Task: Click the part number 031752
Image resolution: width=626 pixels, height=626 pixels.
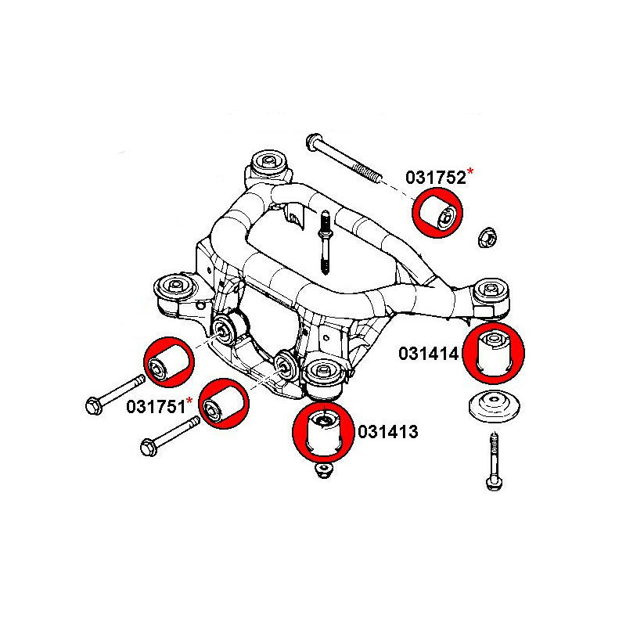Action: pos(435,178)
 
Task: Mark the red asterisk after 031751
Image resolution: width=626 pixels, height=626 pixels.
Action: pos(189,401)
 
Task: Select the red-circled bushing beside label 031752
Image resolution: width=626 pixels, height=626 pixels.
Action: pos(438,212)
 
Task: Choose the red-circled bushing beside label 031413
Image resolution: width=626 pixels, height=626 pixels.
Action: pos(323,432)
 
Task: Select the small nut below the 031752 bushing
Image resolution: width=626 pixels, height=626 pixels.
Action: pos(486,236)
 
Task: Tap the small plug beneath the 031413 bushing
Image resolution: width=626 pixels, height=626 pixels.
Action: pos(321,471)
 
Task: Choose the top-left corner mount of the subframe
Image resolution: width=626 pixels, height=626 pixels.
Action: pos(267,165)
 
